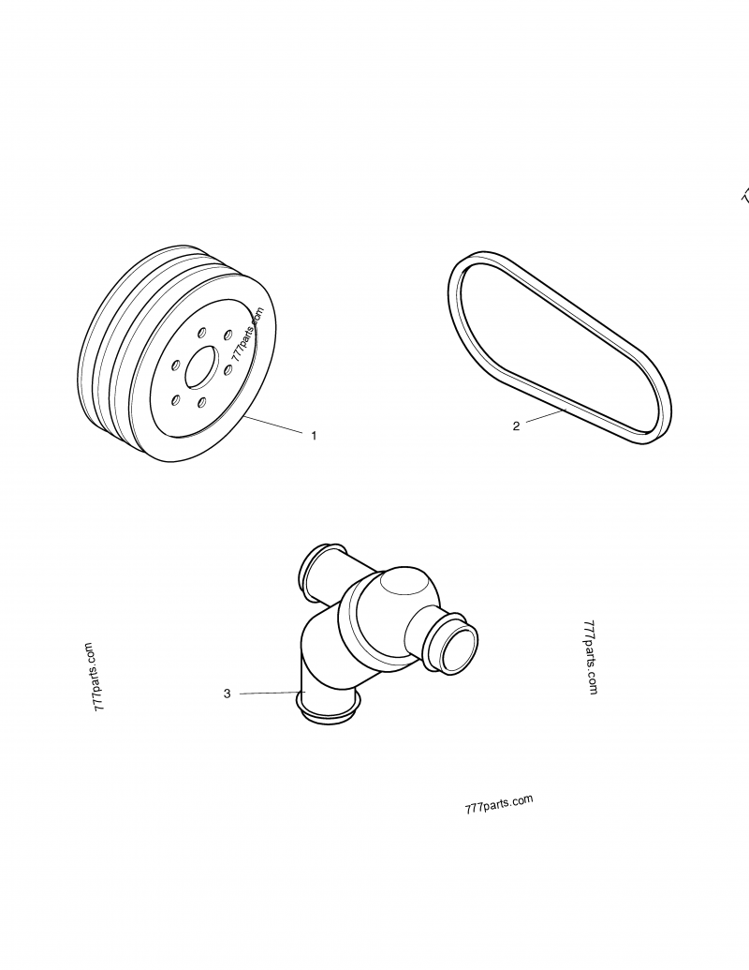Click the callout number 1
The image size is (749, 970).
tap(314, 436)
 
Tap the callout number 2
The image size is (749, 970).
tap(516, 425)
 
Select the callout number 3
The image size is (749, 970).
tap(228, 694)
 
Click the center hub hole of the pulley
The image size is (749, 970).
tap(200, 367)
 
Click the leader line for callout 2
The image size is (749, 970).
tap(544, 417)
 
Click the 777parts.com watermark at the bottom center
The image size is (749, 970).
tap(498, 805)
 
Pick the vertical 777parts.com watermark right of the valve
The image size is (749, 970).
tap(590, 656)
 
